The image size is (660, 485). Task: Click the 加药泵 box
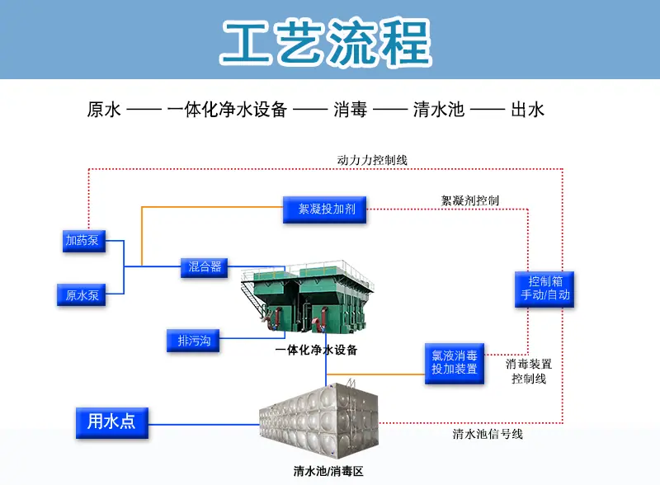[84, 241]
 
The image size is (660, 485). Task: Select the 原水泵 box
[81, 294]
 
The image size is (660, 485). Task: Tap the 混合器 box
[204, 268]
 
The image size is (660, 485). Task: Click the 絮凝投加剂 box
[324, 210]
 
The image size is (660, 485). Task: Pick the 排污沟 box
[193, 340]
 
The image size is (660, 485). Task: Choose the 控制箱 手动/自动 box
[544, 289]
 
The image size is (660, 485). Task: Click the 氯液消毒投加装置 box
[455, 363]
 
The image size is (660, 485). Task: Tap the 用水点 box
[112, 422]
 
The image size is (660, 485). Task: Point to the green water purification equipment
[307, 297]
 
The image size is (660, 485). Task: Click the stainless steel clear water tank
[318, 421]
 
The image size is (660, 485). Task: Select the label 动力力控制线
[372, 160]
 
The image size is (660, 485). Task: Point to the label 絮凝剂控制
[469, 200]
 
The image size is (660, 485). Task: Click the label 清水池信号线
[488, 434]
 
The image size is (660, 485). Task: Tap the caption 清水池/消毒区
[328, 471]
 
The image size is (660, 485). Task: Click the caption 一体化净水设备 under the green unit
[316, 350]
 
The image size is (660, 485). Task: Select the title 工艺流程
[326, 43]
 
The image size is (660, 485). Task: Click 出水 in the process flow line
[527, 110]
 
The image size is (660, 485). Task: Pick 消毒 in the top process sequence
[350, 110]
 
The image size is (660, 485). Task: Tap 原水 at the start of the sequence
[104, 110]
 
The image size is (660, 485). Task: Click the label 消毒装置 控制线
[529, 371]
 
